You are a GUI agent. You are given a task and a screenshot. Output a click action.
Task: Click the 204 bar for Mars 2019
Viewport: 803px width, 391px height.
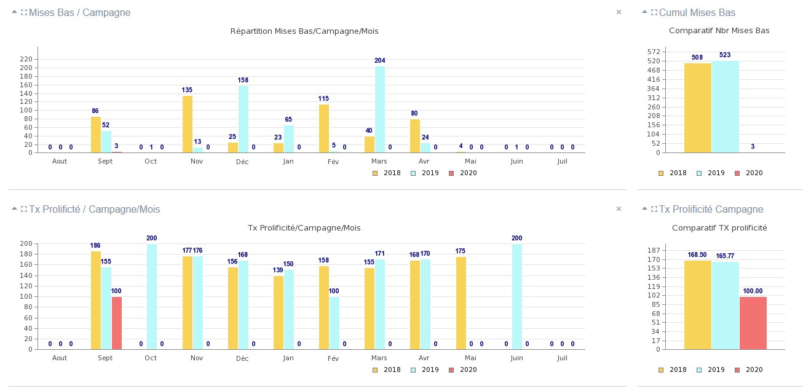pyautogui.click(x=380, y=109)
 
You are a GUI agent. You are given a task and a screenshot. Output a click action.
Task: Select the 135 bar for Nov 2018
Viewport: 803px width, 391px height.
pyautogui.click(x=188, y=124)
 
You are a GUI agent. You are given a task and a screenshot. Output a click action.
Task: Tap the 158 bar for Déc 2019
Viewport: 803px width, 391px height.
pyautogui.click(x=243, y=119)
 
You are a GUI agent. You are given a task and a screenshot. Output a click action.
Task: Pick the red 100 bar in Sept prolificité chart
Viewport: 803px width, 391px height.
pyautogui.click(x=117, y=323)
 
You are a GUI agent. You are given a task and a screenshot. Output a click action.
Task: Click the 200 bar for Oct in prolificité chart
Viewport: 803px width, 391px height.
pyautogui.click(x=152, y=296)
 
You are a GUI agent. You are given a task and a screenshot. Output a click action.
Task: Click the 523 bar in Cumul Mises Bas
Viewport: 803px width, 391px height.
pyautogui.click(x=725, y=107)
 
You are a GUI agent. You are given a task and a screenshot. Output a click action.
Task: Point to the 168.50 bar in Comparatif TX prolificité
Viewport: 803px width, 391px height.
pyautogui.click(x=697, y=305)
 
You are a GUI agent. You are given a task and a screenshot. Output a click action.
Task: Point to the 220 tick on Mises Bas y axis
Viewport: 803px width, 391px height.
pyautogui.click(x=26, y=59)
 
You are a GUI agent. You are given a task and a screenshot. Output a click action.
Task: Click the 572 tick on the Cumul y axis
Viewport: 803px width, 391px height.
pyautogui.click(x=654, y=52)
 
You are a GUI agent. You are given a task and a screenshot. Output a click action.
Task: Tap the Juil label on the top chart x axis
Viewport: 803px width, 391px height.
pyautogui.click(x=562, y=161)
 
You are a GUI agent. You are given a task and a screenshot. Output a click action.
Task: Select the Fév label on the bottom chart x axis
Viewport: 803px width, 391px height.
pyautogui.click(x=333, y=358)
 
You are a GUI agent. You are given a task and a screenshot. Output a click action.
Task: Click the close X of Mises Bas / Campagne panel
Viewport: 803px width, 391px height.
pyautogui.click(x=619, y=12)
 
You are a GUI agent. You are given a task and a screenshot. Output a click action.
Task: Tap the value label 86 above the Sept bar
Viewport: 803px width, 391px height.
pyautogui.click(x=95, y=111)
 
